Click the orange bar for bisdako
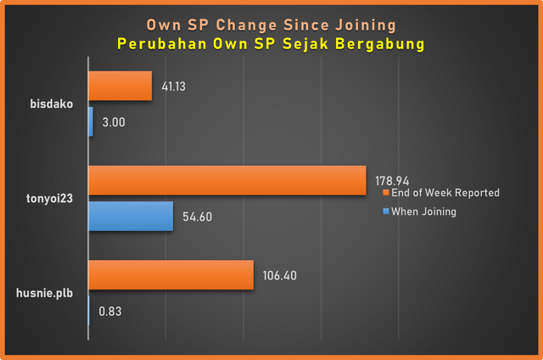[x=120, y=86]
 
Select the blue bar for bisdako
[x=91, y=122]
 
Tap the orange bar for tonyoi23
[x=227, y=180]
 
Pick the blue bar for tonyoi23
[x=131, y=217]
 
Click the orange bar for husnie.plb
[x=171, y=274]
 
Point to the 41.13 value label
[x=173, y=86]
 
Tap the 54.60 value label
[x=197, y=217]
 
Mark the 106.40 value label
[x=280, y=274]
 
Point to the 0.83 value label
[x=110, y=312]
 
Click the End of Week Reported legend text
[x=445, y=193]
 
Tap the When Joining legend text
[x=423, y=211]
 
